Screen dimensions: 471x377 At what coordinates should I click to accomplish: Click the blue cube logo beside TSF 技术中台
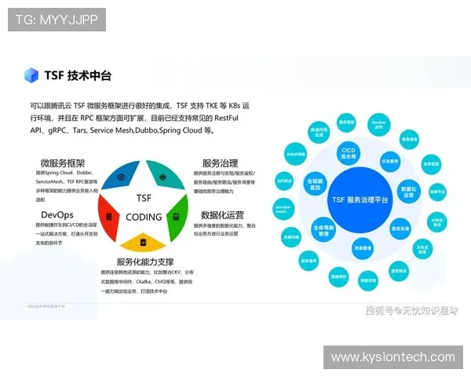coord(31,75)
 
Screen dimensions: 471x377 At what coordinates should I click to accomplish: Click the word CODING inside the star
coord(144,217)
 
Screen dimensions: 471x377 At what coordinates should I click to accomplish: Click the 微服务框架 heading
coord(63,163)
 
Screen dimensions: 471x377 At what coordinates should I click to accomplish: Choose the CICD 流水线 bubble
coord(349,152)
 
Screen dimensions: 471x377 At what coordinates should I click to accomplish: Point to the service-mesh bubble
coord(284,208)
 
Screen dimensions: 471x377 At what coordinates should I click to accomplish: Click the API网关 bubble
coord(284,181)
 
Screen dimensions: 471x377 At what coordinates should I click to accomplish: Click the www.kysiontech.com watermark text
coord(392,357)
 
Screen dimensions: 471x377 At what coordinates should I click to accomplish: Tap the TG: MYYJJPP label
coord(57,20)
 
